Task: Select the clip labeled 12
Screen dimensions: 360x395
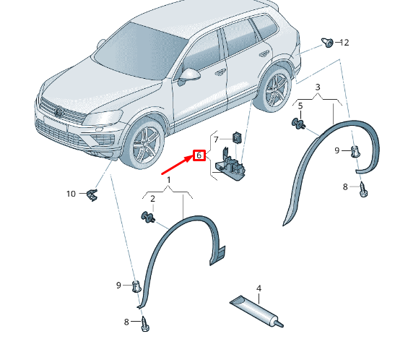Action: pyautogui.click(x=329, y=43)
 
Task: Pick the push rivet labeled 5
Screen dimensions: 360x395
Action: pyautogui.click(x=298, y=124)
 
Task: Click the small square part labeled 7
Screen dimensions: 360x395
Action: pyautogui.click(x=236, y=135)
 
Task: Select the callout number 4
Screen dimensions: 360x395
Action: pyautogui.click(x=259, y=288)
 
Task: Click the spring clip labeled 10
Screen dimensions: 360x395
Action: pyautogui.click(x=92, y=193)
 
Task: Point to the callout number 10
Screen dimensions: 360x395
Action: pyautogui.click(x=71, y=194)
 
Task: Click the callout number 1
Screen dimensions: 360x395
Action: pyautogui.click(x=168, y=179)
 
